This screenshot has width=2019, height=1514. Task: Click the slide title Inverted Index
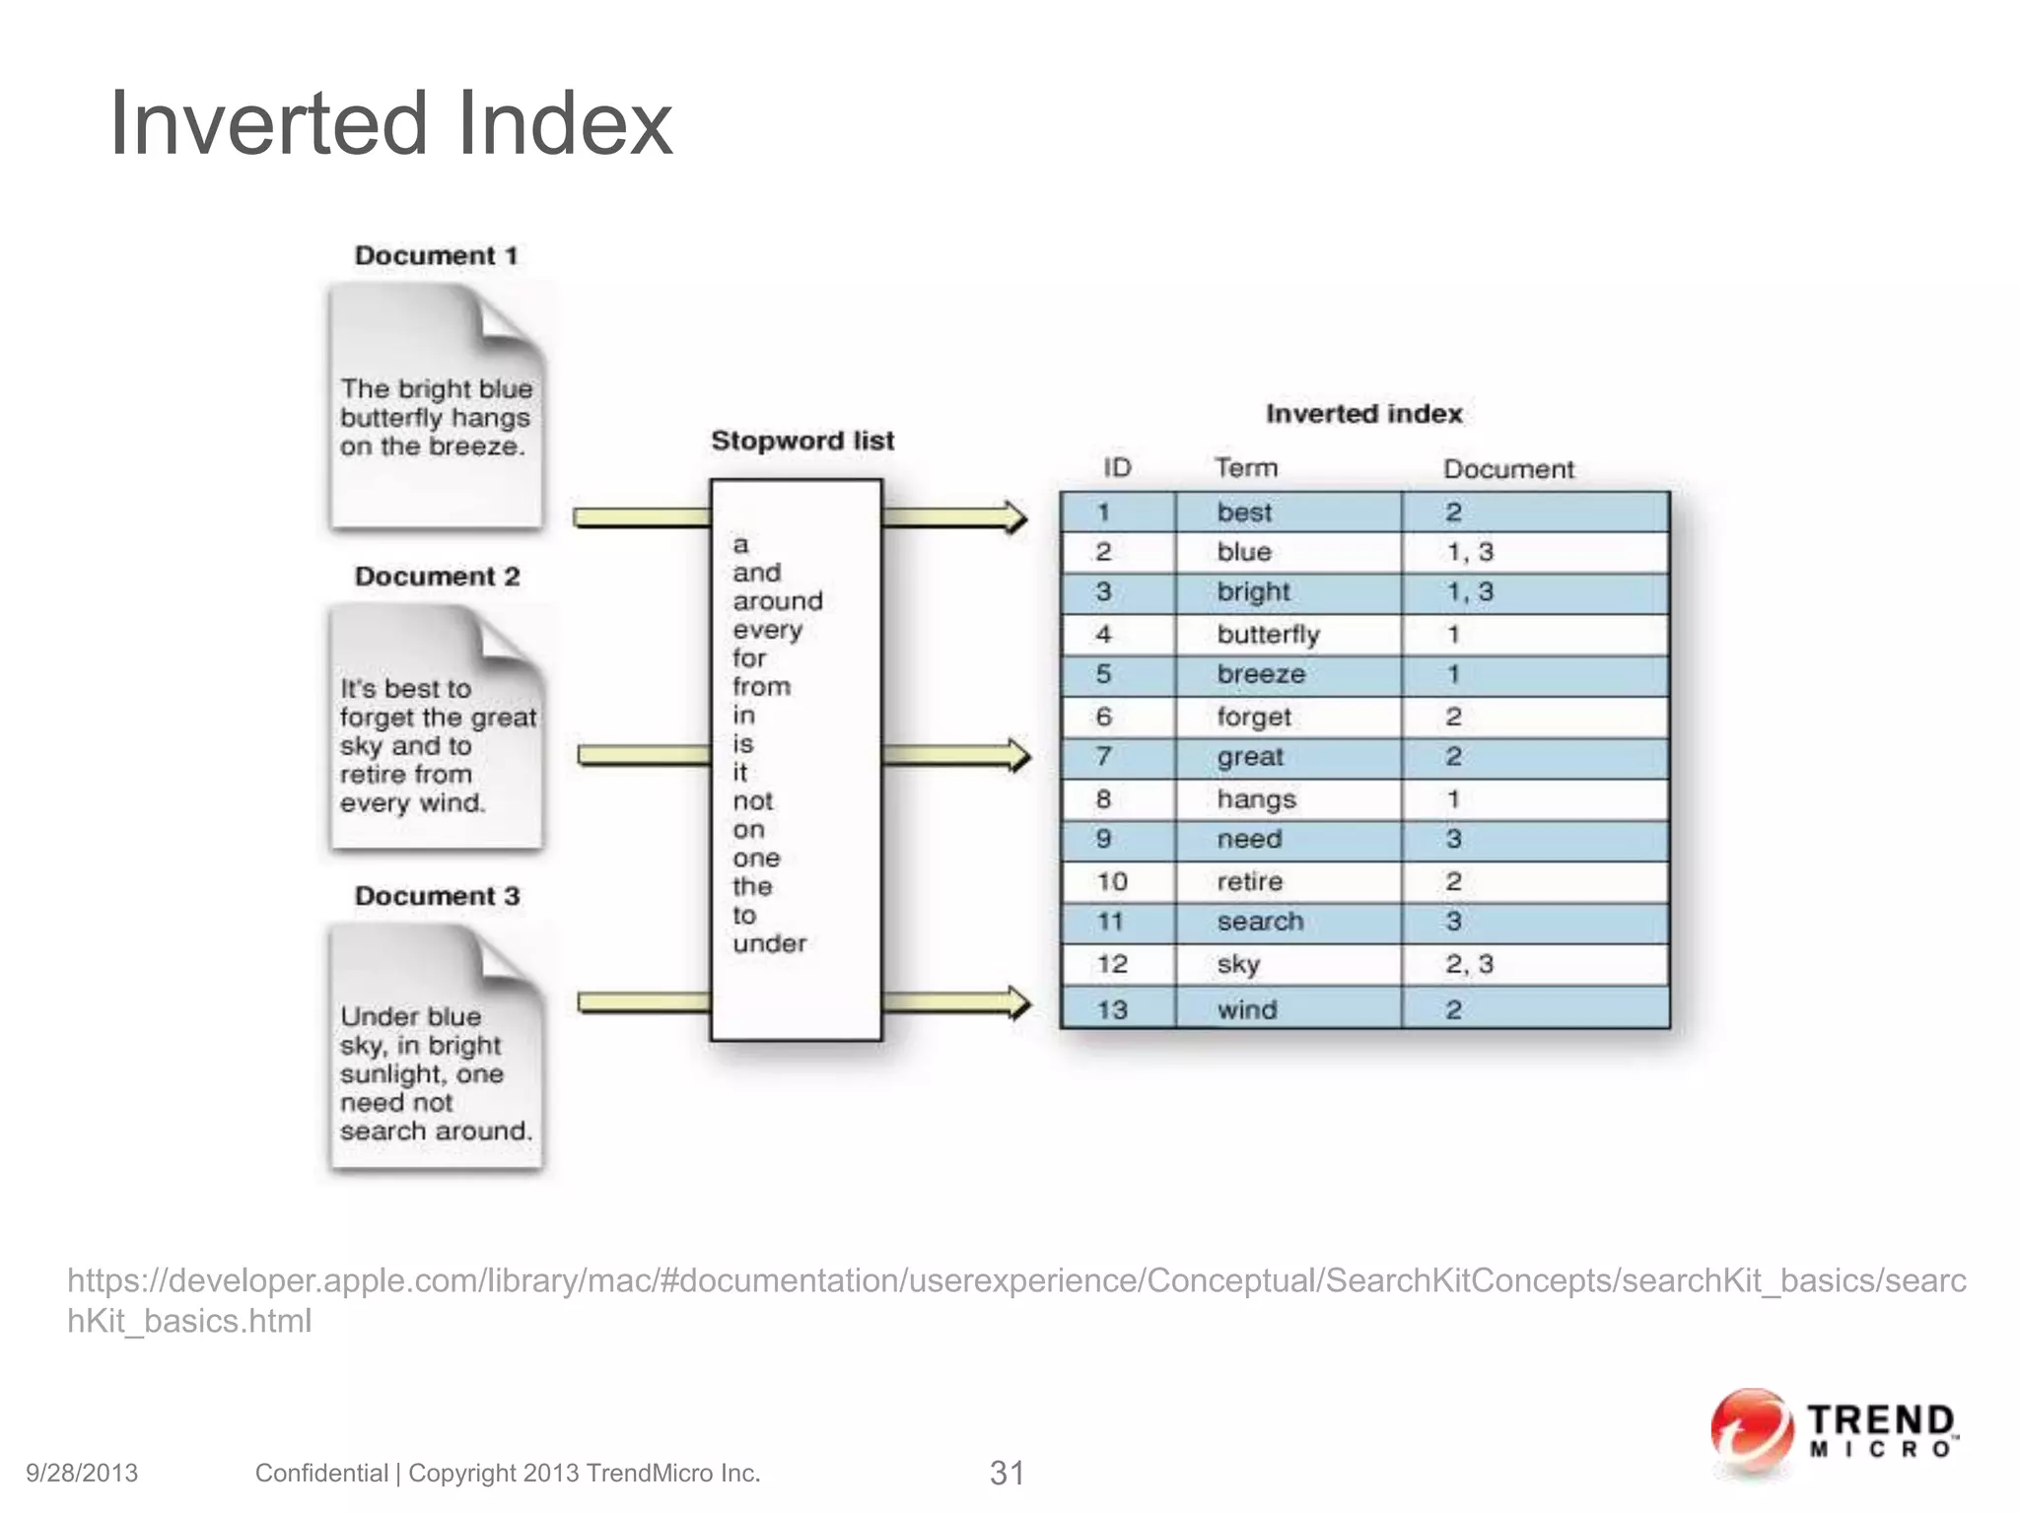coord(390,124)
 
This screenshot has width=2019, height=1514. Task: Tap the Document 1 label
coord(436,255)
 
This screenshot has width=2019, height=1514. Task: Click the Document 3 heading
coord(437,896)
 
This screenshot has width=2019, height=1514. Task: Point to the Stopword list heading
coord(802,441)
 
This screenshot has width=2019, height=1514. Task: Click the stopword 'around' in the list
coord(777,601)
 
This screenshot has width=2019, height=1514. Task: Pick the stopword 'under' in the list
coord(769,943)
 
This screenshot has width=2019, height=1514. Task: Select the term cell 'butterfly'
coord(1268,635)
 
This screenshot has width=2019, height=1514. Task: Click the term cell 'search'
coord(1260,922)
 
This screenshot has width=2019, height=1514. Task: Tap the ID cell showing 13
coord(1112,1009)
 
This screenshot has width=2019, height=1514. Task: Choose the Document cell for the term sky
coord(1469,964)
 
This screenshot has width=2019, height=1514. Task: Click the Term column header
coord(1245,468)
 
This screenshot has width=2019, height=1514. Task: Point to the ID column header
coord(1117,468)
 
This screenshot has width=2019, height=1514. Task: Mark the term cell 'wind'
coord(1247,1009)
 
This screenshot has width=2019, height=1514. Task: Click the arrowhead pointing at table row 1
coord(1013,517)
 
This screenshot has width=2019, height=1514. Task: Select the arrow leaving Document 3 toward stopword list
coord(643,1003)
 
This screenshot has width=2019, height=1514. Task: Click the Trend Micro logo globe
coord(1751,1430)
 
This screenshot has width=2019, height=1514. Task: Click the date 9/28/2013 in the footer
coord(82,1474)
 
